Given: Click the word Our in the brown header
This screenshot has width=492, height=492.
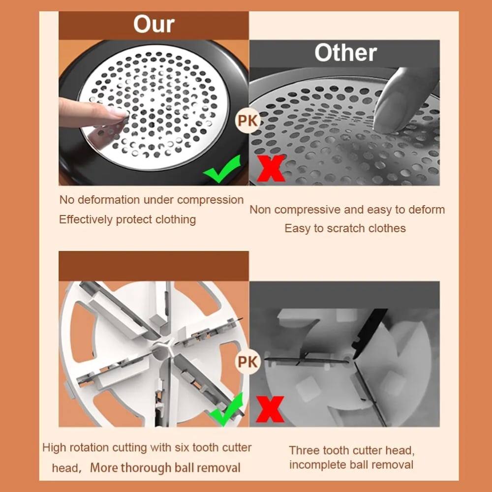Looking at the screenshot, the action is [x=154, y=24].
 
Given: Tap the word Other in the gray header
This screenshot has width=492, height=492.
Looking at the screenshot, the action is [x=345, y=53].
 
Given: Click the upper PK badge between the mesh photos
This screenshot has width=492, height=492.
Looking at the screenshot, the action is [x=247, y=121].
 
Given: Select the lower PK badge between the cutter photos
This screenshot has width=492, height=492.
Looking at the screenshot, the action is [x=247, y=362].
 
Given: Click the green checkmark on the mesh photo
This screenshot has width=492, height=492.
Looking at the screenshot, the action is [x=222, y=169].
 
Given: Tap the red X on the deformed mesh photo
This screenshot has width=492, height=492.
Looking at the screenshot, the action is [x=271, y=168].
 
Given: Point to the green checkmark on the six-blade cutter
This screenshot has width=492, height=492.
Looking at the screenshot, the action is [x=226, y=409].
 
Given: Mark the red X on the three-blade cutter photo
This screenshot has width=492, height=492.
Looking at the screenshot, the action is [x=270, y=409].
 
